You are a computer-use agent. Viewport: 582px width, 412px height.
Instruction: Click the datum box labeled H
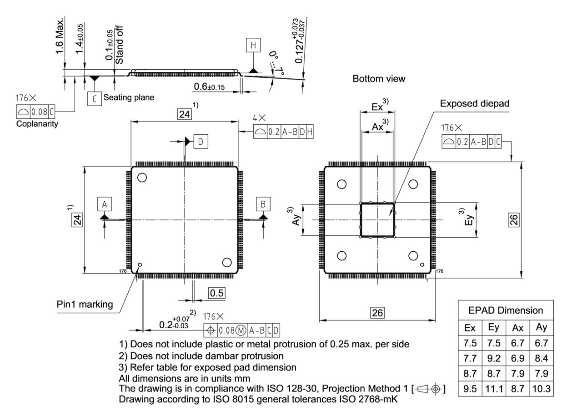[x=253, y=45]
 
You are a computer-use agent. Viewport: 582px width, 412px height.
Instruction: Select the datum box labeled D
[x=201, y=142]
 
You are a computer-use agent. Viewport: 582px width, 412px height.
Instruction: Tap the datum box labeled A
[x=104, y=204]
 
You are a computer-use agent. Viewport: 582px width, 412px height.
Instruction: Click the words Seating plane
[x=129, y=97]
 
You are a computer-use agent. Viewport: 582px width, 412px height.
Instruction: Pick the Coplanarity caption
[x=37, y=124]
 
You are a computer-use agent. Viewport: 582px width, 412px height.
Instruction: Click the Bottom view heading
[x=379, y=79]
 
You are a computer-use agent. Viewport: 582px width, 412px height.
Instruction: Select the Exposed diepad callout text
[x=474, y=104]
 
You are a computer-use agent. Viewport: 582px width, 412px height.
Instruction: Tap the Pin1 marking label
[x=85, y=304]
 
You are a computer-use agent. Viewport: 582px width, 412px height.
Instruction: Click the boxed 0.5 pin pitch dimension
[x=216, y=293]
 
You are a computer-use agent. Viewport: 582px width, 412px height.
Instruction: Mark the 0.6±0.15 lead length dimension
[x=209, y=86]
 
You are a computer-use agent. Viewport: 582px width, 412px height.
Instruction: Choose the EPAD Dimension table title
[x=506, y=310]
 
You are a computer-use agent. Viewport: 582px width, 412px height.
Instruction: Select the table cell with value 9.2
[x=493, y=358]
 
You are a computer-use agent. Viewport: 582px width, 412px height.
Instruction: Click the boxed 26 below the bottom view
[x=377, y=313]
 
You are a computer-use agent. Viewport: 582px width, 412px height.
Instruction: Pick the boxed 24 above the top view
[x=184, y=115]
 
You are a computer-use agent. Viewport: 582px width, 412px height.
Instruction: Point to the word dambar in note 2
[x=221, y=356]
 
